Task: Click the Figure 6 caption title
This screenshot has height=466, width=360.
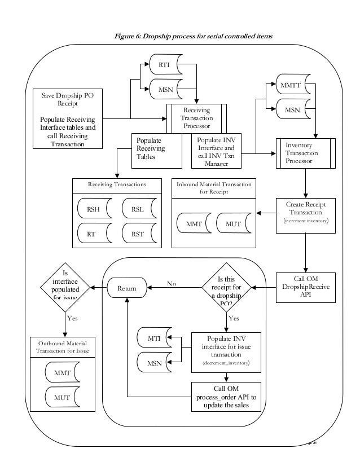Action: coord(186,37)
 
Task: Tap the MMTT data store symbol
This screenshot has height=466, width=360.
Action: coord(292,86)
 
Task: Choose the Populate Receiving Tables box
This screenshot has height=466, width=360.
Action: coord(156,151)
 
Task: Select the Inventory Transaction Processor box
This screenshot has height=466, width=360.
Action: coord(305,153)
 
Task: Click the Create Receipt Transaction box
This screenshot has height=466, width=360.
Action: coord(305,214)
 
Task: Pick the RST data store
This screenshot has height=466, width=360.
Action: coord(138,232)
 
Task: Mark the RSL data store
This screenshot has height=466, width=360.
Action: coord(138,209)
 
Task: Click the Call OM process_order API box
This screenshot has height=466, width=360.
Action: coord(226,397)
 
